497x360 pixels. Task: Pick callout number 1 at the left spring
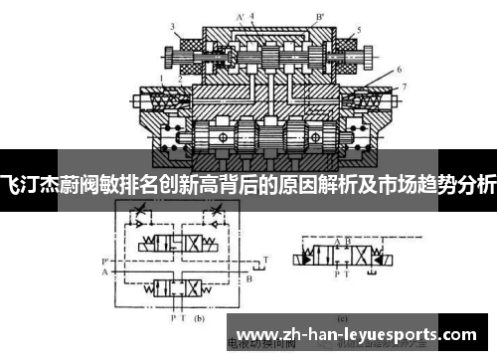pyautogui.click(x=159, y=77)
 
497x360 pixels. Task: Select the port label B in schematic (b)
pyautogui.click(x=248, y=278)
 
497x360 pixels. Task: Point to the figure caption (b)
pyautogui.click(x=198, y=319)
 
